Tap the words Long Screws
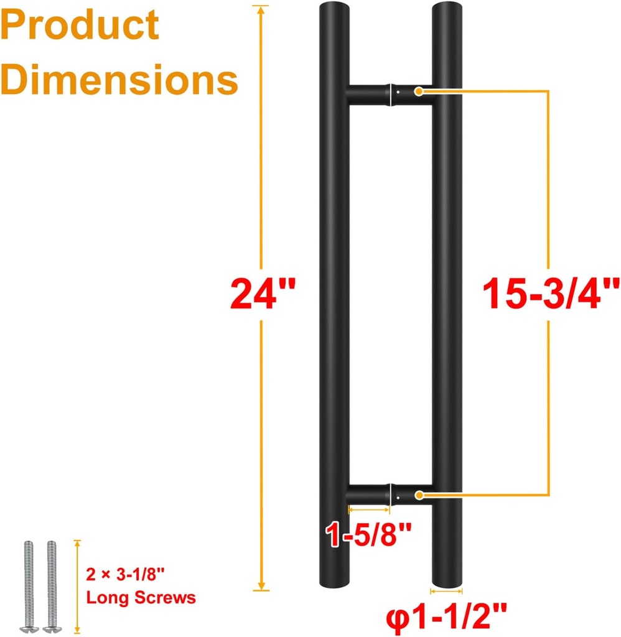point(141,598)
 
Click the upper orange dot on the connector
point(419,91)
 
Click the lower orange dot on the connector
point(419,495)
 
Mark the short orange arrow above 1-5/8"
point(369,509)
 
